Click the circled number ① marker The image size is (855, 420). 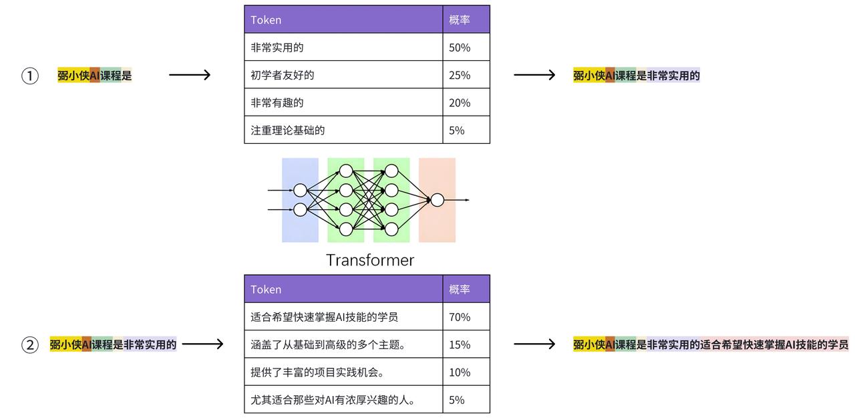coord(30,76)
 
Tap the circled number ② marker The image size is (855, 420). coord(30,345)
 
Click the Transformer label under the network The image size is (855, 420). coord(370,260)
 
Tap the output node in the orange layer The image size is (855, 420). coord(438,200)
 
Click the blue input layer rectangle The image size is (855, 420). coord(300,200)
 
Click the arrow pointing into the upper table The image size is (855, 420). coord(190,75)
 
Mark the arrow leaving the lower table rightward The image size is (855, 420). coord(534,344)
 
